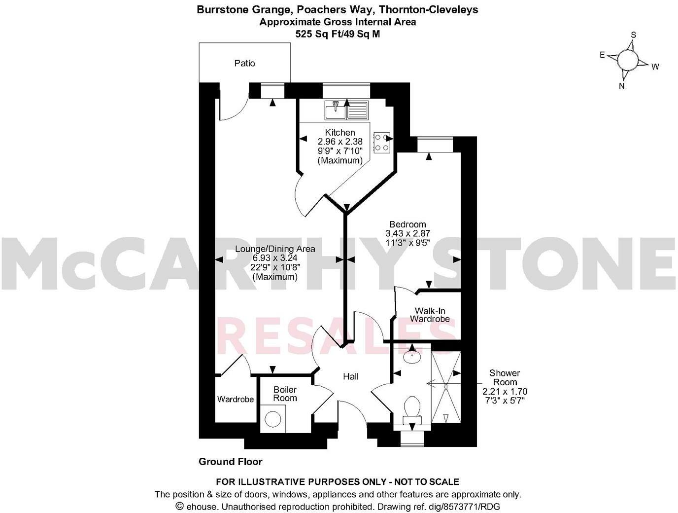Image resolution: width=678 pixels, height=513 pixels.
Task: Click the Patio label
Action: point(245,63)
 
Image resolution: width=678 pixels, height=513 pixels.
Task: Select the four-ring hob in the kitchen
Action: point(381,142)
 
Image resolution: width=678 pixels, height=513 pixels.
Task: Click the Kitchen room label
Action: point(340,132)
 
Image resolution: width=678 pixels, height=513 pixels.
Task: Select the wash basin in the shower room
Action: point(412,356)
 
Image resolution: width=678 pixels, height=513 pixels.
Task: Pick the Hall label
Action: point(351,377)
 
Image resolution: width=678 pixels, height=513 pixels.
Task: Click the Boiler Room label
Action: point(285,394)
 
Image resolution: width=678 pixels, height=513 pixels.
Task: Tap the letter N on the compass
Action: point(622,86)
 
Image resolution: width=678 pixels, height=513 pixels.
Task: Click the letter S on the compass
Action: point(634,35)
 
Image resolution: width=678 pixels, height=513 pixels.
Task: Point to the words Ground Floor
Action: point(230,462)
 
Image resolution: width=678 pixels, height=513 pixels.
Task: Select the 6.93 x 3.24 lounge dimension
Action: point(275,258)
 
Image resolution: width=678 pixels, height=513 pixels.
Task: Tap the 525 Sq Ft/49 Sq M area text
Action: point(338,34)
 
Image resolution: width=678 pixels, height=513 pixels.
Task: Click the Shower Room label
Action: point(505,377)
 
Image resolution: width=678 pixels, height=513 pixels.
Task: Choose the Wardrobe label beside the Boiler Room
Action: point(236,399)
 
